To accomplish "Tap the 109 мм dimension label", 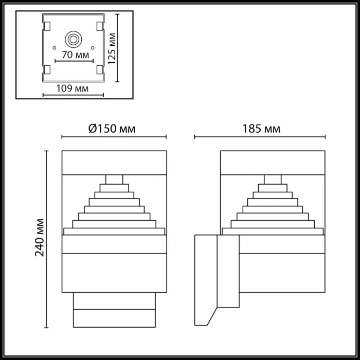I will pyautogui.click(x=73, y=88).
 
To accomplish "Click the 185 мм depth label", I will pyautogui.click(x=262, y=129).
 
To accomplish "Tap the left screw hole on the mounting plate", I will pyautogui.click(x=53, y=47).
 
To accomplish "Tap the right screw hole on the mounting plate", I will pyautogui.click(x=93, y=47).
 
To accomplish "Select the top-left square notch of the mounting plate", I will pyautogui.click(x=47, y=25).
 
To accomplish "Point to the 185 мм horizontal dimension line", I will pyautogui.click(x=260, y=137).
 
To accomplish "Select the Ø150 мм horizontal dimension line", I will pyautogui.click(x=114, y=137).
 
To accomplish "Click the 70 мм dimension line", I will pyautogui.click(x=73, y=60).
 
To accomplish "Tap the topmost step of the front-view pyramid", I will pyautogui.click(x=114, y=179).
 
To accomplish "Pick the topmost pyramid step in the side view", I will pyautogui.click(x=273, y=179).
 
